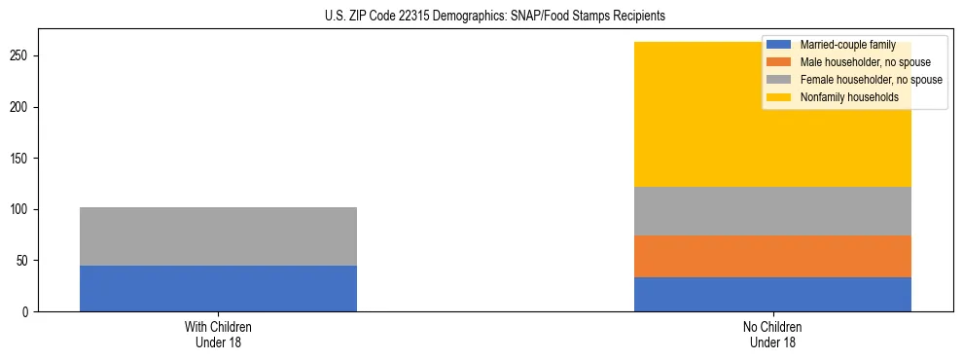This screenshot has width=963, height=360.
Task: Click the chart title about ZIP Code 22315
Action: (481, 16)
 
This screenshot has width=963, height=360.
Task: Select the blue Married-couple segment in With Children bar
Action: (218, 288)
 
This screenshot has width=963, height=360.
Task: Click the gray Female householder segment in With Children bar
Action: (218, 236)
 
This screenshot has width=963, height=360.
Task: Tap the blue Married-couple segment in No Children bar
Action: (772, 294)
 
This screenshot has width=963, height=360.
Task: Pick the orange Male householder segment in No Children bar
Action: (772, 256)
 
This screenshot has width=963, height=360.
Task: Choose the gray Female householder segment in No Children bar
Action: (772, 210)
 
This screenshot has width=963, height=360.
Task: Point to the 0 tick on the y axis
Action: (28, 311)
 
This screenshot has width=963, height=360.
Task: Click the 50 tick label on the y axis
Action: (25, 261)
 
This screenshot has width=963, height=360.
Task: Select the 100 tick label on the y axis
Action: (22, 209)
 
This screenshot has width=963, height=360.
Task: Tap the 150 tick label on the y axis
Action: (22, 159)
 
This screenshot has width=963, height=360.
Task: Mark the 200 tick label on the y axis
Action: (22, 107)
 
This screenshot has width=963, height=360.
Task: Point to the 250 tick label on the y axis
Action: (22, 55)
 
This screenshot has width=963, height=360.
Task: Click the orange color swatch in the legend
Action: (779, 62)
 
